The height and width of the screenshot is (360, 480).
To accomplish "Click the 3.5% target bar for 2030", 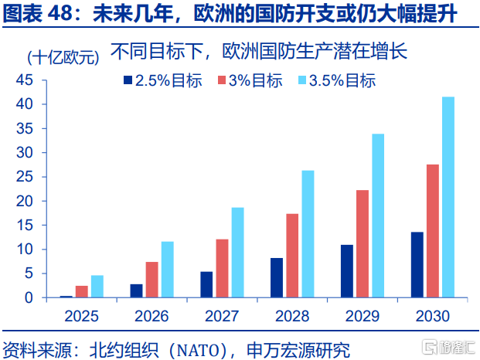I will pos(448,197).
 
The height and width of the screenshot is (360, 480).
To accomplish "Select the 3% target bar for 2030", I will pos(432,231).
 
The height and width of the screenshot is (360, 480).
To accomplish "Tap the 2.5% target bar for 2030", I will pos(417,265).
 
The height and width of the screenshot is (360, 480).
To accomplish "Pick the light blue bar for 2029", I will pos(378,216).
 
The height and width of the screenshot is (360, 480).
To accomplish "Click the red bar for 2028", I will pos(292,256).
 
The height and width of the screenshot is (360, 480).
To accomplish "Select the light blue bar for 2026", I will pos(167,270).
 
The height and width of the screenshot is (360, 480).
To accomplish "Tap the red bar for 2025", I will pos(81,291).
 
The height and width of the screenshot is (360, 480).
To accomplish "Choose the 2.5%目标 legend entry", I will pos(162,80).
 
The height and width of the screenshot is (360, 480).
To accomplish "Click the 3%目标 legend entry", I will pos(249,80).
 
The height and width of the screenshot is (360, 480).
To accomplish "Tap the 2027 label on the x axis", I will pos(222,316).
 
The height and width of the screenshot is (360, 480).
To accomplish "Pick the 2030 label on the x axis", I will pos(432,316).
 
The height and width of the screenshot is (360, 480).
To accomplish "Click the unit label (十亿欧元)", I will pos(63,58).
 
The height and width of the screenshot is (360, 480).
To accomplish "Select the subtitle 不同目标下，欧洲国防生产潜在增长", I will pos(258,53).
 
